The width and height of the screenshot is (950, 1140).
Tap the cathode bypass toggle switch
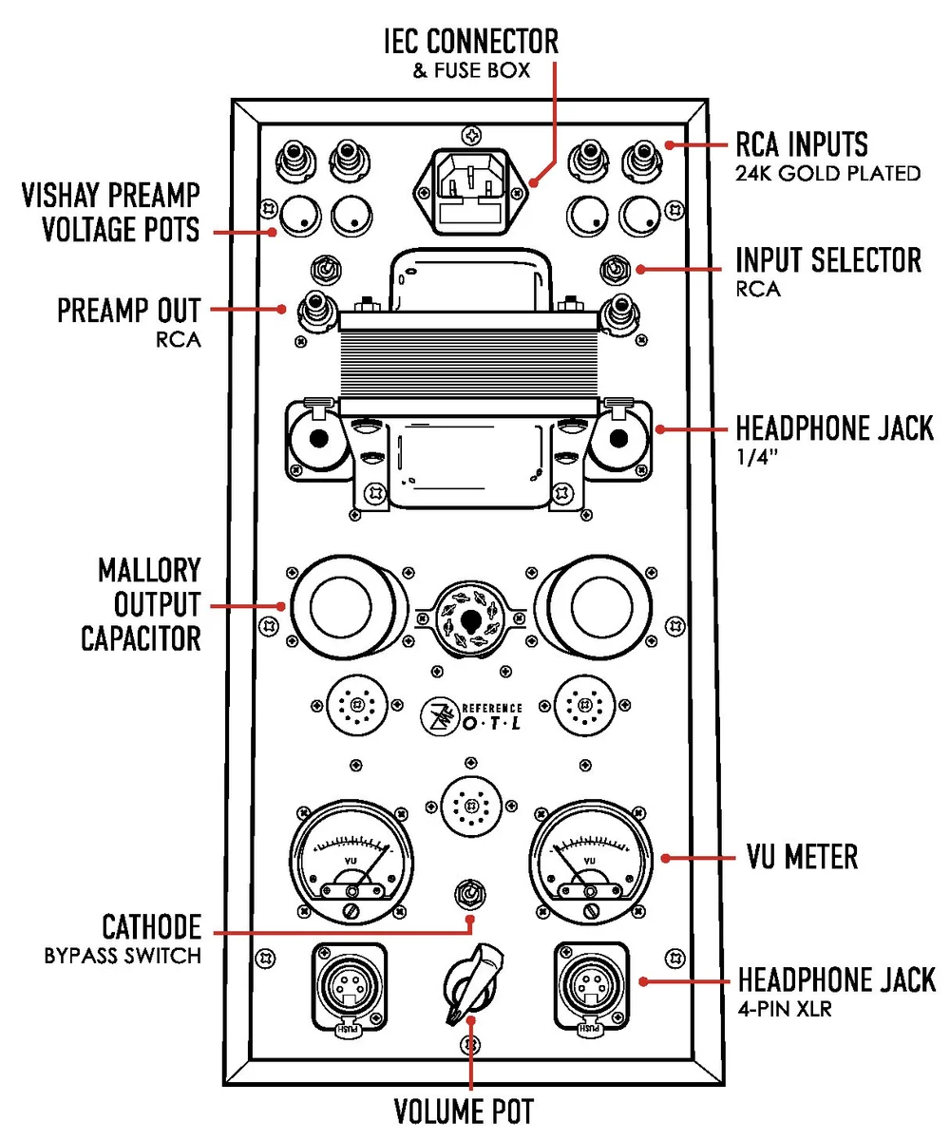tap(468, 894)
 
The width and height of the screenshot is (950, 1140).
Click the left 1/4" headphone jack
tap(318, 439)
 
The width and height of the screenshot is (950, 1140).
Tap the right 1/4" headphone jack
tap(618, 439)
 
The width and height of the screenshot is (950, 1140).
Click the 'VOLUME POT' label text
tap(464, 1111)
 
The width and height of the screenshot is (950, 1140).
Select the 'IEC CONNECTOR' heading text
tap(470, 42)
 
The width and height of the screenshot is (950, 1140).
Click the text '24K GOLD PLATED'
tap(828, 173)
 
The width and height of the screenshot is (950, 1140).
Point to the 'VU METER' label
tap(797, 857)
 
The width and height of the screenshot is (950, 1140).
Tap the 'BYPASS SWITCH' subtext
tap(123, 956)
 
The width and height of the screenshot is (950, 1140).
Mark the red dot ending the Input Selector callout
tap(641, 269)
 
